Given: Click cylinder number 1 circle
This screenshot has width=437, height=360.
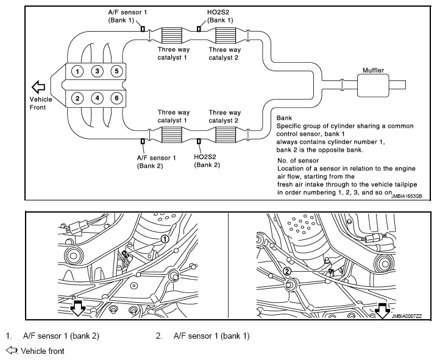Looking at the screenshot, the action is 77,71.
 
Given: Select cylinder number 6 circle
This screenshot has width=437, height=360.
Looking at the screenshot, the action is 116,98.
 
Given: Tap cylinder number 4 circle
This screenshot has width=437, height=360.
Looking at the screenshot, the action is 97,98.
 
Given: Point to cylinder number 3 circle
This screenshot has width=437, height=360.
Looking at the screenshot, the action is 97,71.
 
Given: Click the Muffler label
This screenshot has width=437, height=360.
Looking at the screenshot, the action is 373,70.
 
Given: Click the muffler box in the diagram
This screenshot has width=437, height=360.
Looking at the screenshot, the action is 373,85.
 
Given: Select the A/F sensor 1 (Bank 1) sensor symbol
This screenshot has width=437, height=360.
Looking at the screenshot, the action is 143,29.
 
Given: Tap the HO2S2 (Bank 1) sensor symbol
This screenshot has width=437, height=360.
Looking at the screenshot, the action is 199,29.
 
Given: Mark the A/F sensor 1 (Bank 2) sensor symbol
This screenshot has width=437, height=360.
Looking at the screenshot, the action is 143,141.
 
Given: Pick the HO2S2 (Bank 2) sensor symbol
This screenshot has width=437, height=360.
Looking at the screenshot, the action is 199,141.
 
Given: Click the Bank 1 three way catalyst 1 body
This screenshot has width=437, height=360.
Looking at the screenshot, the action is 172,35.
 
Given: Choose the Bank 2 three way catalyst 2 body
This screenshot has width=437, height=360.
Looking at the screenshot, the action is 226,135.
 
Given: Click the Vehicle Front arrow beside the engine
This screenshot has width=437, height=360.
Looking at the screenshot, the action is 38,87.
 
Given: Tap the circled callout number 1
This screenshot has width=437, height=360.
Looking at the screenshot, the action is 165,239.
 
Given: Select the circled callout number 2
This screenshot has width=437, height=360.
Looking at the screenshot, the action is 287,271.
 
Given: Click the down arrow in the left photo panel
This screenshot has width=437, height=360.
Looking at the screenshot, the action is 77,308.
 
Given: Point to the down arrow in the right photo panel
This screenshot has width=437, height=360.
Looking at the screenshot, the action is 382,311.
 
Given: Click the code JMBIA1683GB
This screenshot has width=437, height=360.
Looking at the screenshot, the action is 407,196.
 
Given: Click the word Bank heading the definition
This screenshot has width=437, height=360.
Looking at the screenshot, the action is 284,118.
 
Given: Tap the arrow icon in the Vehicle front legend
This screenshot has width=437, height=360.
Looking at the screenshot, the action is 12,350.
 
